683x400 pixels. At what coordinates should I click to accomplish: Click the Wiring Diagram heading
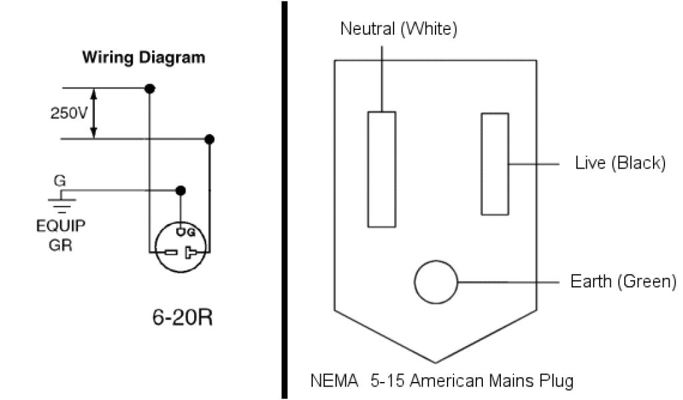[143, 57]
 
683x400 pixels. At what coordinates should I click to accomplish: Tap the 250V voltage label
[69, 113]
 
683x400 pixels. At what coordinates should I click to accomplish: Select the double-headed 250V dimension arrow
[95, 113]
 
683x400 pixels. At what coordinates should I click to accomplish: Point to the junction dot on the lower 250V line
[209, 139]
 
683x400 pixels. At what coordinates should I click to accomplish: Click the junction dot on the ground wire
[179, 190]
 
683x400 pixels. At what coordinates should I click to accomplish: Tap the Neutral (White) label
[399, 30]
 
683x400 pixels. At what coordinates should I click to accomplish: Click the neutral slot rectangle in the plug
[382, 169]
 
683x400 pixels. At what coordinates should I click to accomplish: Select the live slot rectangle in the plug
[495, 164]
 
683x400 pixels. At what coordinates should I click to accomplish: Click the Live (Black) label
[620, 163]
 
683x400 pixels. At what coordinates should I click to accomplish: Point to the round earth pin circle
[436, 282]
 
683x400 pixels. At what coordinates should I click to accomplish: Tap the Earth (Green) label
[623, 281]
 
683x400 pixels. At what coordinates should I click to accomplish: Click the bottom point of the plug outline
[435, 362]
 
